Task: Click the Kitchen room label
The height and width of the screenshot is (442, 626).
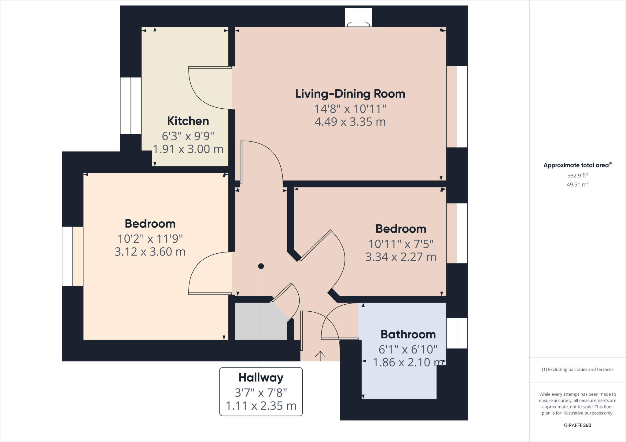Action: pyautogui.click(x=188, y=121)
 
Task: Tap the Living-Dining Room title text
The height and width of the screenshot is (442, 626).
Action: pyautogui.click(x=350, y=94)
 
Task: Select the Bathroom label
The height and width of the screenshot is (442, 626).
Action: pyautogui.click(x=408, y=335)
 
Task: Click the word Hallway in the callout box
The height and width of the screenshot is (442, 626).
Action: pyautogui.click(x=261, y=378)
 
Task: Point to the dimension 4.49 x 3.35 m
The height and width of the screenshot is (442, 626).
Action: pyautogui.click(x=350, y=122)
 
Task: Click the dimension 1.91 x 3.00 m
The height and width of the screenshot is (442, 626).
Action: pyautogui.click(x=188, y=149)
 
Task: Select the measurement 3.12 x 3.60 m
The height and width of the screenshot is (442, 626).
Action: pyautogui.click(x=150, y=252)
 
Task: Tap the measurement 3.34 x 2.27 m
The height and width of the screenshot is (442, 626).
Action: pyautogui.click(x=401, y=257)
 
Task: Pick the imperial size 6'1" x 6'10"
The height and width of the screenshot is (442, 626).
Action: pyautogui.click(x=408, y=350)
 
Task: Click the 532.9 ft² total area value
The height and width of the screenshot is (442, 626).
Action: pyautogui.click(x=578, y=176)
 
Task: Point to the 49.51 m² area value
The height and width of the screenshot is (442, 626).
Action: pyautogui.click(x=578, y=184)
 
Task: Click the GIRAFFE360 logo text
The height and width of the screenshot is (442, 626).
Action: pyautogui.click(x=577, y=425)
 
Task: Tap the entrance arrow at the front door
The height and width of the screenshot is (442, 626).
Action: pyautogui.click(x=320, y=356)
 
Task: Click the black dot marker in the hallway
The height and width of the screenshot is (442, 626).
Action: pyautogui.click(x=261, y=266)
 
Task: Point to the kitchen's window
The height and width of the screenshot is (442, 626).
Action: pyautogui.click(x=131, y=106)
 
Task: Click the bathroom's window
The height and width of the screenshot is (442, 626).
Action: pyautogui.click(x=457, y=333)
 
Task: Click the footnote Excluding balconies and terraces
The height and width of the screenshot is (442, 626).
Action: pyautogui.click(x=578, y=369)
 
